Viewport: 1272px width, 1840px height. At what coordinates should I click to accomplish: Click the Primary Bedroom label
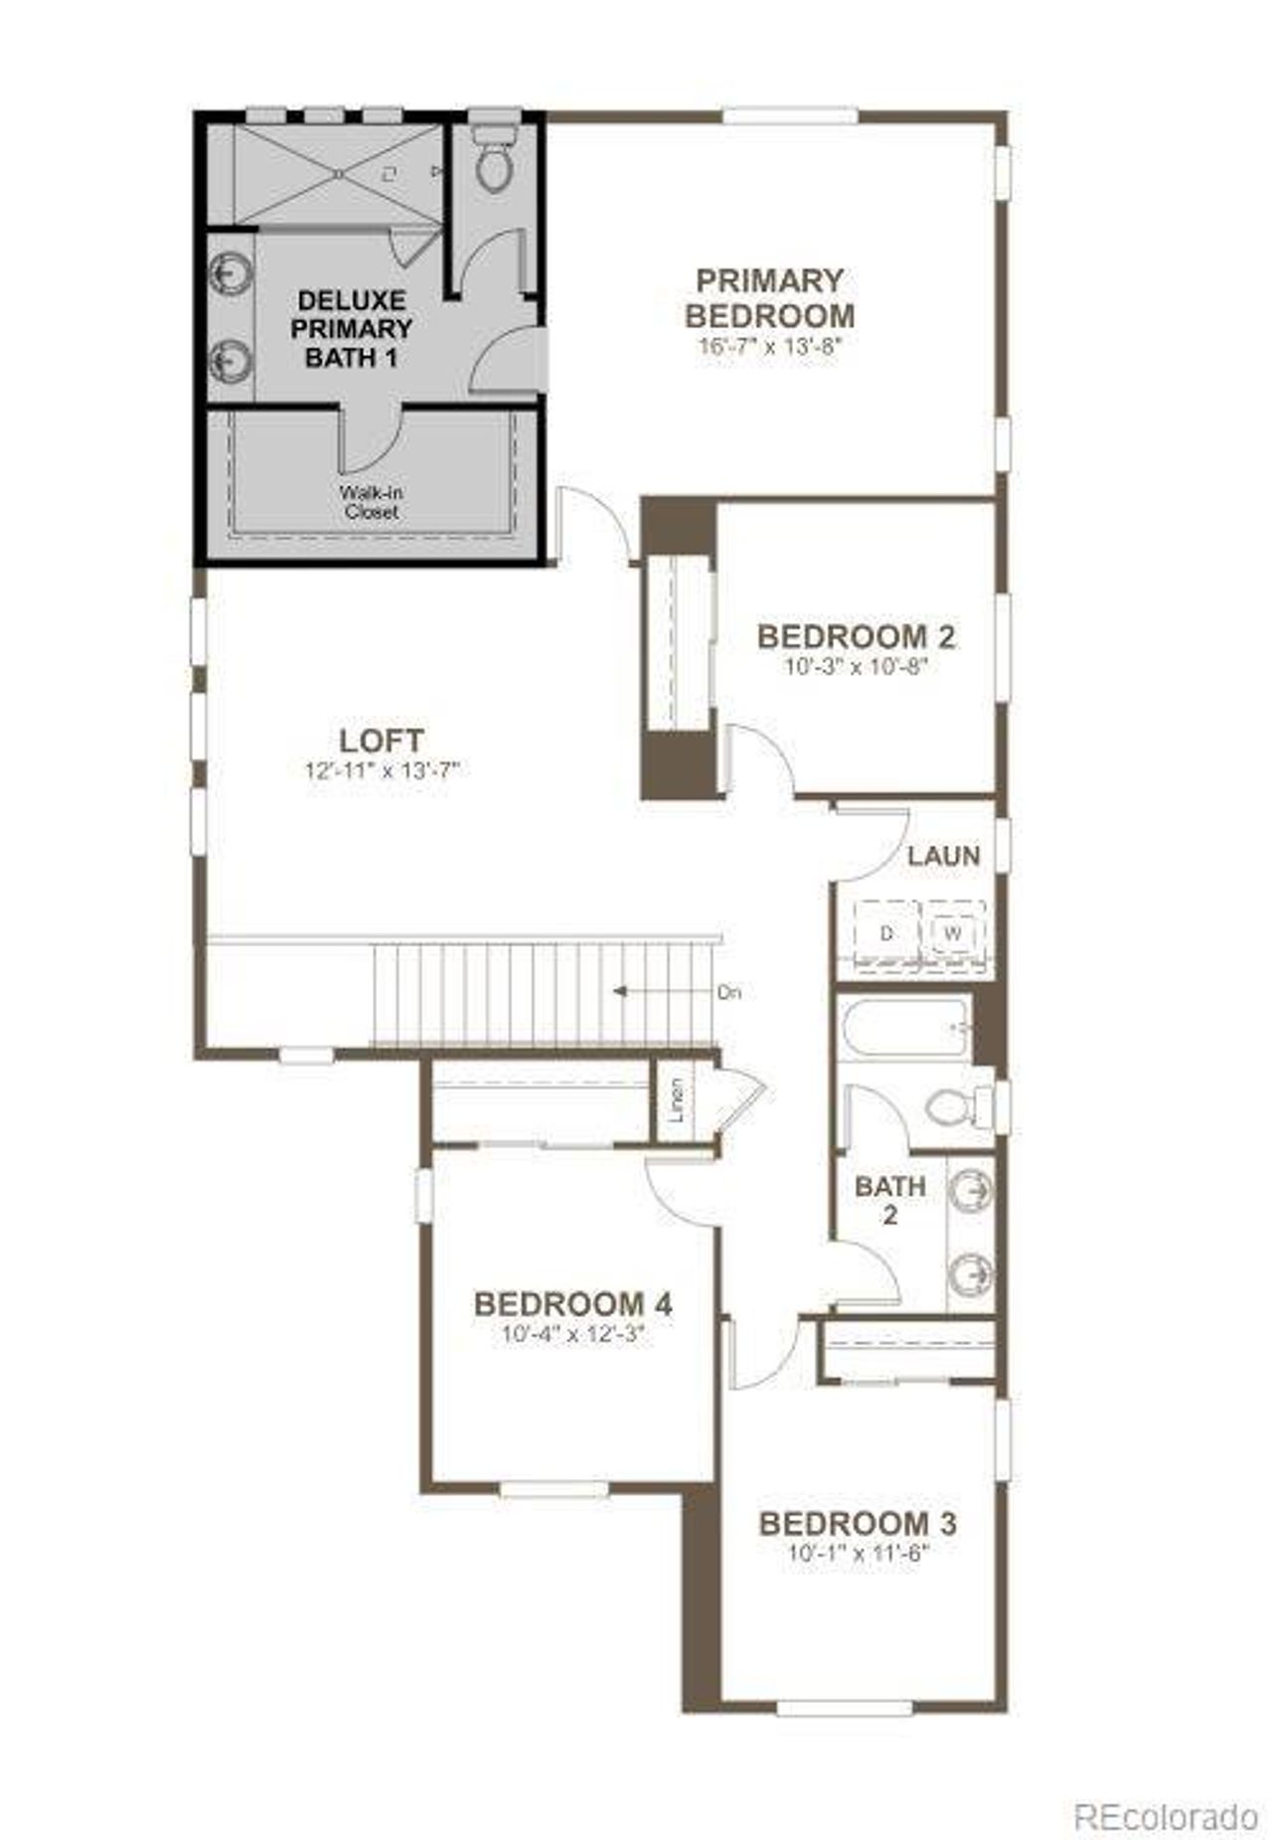[x=769, y=298]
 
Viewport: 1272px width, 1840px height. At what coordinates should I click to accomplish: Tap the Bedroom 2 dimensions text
[x=856, y=666]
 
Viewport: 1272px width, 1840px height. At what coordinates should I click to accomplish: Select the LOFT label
[x=382, y=741]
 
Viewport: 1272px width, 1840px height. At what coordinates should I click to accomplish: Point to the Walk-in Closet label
[x=371, y=502]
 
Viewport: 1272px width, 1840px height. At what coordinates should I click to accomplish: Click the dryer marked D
[x=886, y=933]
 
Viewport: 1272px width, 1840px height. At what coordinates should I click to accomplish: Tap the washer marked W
[x=953, y=933]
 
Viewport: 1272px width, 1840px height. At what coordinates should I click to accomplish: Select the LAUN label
[x=943, y=856]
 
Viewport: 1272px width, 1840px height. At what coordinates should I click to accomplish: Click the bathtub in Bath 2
[x=902, y=1028]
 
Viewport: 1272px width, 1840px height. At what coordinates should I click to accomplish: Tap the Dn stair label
[x=729, y=992]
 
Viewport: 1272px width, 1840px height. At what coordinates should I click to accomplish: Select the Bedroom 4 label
[x=573, y=1303]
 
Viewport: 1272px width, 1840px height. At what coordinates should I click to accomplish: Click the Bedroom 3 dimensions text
[x=857, y=1554]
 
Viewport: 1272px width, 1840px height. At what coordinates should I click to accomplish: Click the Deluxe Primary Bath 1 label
[x=351, y=329]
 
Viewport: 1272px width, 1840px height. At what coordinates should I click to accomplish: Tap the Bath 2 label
[x=889, y=1200]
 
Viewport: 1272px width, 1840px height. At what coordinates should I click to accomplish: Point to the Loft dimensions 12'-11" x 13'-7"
[x=383, y=770]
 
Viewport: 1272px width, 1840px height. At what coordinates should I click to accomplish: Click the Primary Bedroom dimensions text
[x=770, y=347]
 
